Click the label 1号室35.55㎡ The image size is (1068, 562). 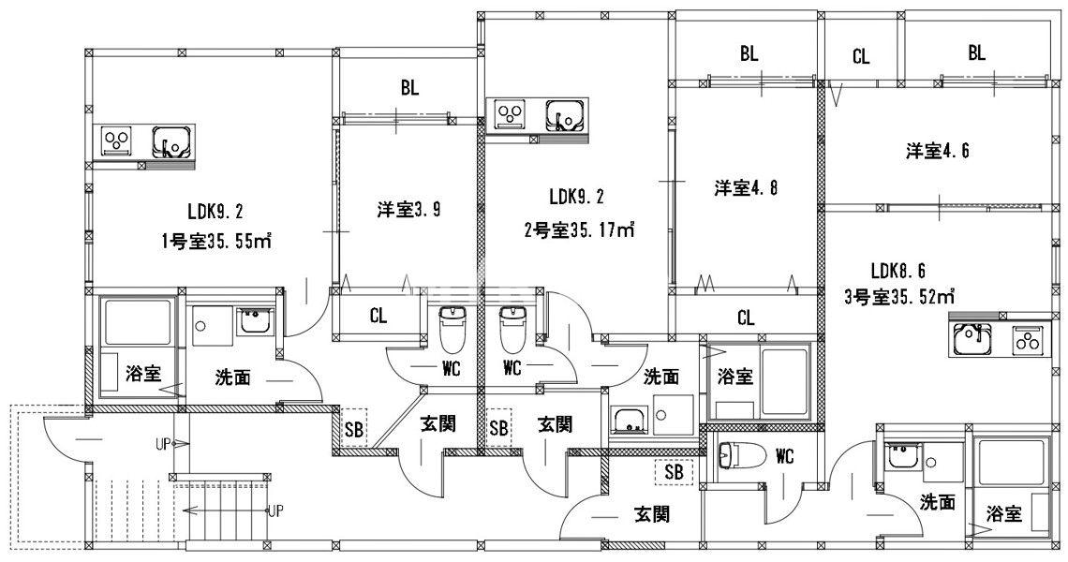tap(215, 242)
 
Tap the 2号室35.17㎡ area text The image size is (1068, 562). tap(580, 229)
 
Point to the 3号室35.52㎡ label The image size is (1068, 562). tap(898, 299)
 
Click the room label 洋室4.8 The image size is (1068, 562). tap(745, 188)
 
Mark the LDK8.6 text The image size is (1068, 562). tap(898, 272)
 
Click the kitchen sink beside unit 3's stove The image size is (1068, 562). tap(976, 340)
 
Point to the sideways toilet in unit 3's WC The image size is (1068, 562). tap(732, 456)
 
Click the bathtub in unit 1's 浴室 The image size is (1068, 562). tap(139, 323)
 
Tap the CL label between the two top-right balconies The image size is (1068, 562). tap(861, 57)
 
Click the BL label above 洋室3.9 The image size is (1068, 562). tap(409, 89)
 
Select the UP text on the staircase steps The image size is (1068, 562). tap(276, 511)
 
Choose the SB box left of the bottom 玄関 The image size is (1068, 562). tap(674, 472)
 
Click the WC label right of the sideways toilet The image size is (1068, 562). tap(785, 457)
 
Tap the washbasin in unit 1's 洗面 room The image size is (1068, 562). tap(253, 323)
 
